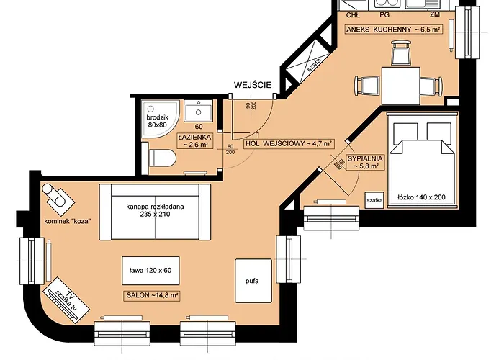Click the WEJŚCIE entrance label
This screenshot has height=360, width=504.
click(252, 85)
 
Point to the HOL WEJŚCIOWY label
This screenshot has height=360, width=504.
click(289, 143)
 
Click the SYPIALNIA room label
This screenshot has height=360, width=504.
click(364, 162)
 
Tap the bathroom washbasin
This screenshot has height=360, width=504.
click(197, 112)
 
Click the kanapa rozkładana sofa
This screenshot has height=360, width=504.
click(155, 210)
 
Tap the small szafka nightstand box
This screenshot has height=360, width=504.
click(374, 199)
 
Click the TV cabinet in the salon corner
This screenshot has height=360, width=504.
click(63, 294)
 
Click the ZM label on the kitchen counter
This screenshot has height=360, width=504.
click(434, 14)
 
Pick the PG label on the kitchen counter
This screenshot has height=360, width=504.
click(384, 14)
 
